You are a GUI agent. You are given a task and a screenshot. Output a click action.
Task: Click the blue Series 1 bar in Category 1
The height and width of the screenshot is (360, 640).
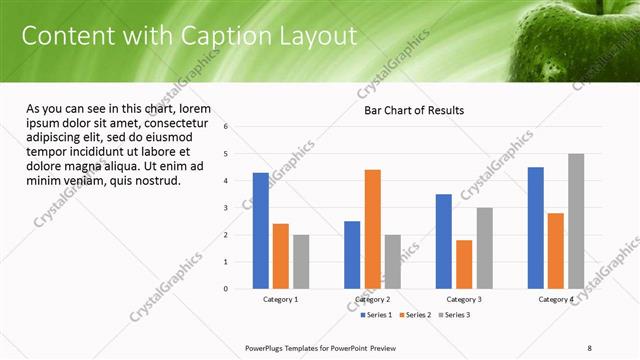tap(261, 231)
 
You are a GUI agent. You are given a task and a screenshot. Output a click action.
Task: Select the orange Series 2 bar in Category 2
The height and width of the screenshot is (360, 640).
tap(372, 229)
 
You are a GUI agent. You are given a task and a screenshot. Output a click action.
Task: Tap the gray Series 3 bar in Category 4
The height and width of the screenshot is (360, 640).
tap(576, 221)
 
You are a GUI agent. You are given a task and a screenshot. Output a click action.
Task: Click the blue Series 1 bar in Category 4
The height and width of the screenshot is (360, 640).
tap(536, 228)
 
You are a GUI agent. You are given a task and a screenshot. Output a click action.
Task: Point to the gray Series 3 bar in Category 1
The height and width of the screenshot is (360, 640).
tap(301, 262)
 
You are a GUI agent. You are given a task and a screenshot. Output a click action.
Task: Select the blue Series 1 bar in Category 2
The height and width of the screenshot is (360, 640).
tap(352, 255)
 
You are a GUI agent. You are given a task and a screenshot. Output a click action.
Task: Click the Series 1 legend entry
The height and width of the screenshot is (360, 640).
tap(376, 315)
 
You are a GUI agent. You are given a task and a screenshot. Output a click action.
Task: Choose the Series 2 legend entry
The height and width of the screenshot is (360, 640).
tap(414, 315)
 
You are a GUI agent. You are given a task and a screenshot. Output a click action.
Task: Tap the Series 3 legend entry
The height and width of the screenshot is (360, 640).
tap(452, 315)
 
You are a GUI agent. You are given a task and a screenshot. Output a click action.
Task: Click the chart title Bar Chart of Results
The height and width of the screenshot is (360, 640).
tap(413, 110)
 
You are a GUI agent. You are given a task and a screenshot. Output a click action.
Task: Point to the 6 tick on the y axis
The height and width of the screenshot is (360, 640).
tap(227, 127)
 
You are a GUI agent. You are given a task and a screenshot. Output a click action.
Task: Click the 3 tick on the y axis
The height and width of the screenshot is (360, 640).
tap(227, 208)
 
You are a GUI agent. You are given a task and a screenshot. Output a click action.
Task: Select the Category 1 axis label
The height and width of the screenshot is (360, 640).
tap(280, 299)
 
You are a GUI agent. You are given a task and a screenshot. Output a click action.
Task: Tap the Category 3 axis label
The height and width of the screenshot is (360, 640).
tap(464, 299)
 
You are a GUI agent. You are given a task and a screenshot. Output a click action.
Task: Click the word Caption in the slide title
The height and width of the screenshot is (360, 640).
tap(222, 36)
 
